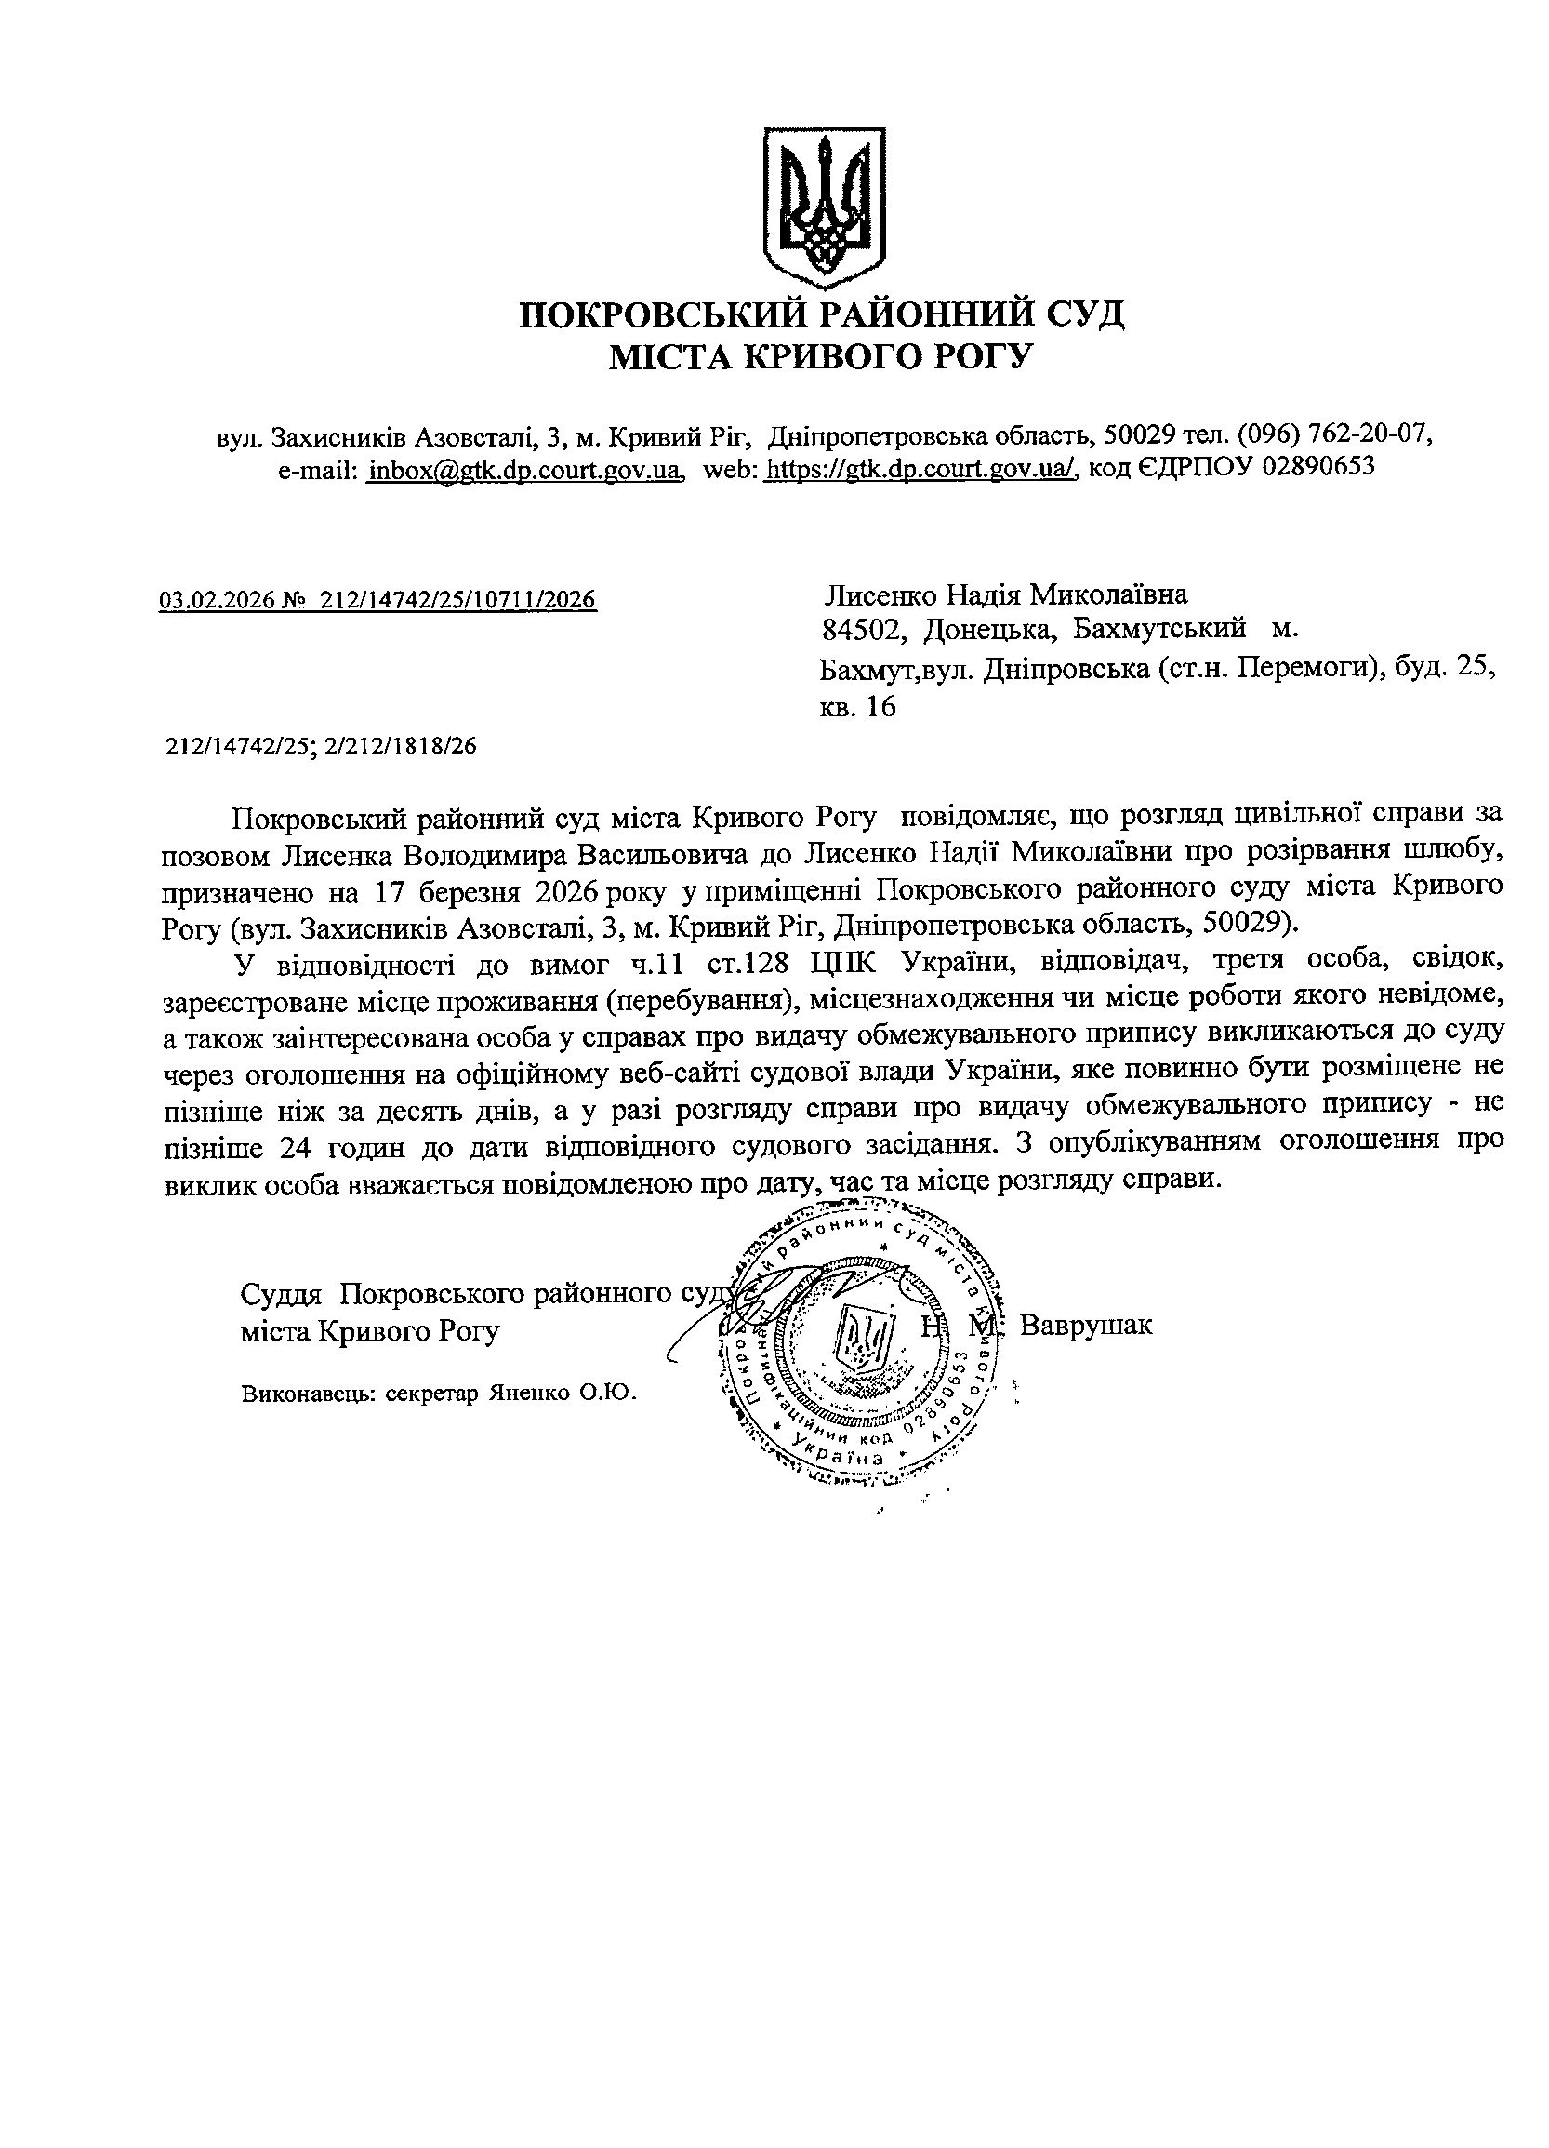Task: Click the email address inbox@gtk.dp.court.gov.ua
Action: tap(525, 468)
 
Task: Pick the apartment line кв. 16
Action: tap(857, 708)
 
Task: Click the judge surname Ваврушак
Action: tap(1086, 1325)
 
